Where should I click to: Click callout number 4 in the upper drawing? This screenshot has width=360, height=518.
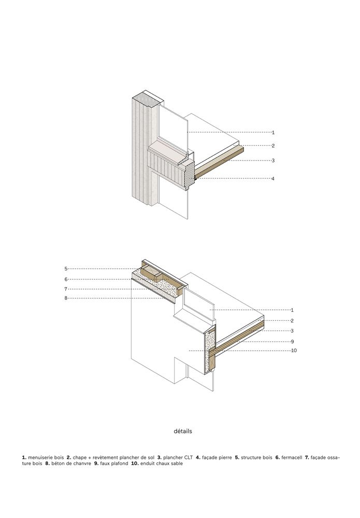[273, 179]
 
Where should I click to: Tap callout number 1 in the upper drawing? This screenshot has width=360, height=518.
[273, 133]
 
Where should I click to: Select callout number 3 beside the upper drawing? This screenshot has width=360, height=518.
[273, 161]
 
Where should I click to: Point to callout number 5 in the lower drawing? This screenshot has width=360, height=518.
[66, 268]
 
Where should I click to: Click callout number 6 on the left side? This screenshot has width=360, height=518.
[66, 279]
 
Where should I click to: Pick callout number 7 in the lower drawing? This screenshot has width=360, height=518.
[66, 289]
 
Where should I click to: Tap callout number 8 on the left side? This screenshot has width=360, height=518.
[66, 298]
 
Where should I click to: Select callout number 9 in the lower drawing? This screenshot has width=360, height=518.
[292, 341]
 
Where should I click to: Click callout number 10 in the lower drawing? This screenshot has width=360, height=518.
[294, 351]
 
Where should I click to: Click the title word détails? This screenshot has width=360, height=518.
[183, 431]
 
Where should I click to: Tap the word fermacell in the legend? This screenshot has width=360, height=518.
[292, 457]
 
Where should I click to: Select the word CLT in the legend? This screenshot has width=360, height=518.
[188, 457]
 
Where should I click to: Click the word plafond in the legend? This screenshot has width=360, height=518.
[119, 464]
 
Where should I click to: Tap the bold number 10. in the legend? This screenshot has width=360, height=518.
[135, 464]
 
